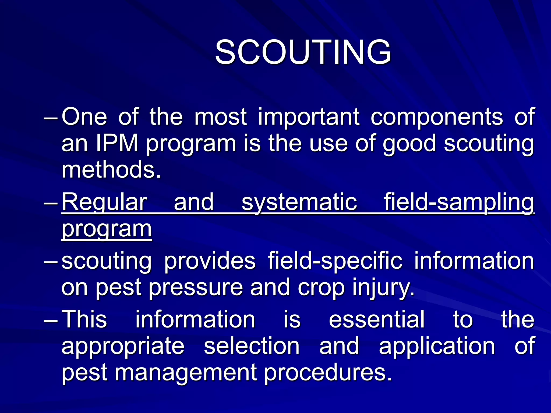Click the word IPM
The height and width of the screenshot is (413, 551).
coord(117,143)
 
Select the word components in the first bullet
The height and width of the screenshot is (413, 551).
coord(436,117)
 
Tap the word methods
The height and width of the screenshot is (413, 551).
coord(111,170)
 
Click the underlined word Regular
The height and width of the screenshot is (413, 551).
coord(104,202)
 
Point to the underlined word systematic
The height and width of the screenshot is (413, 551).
coord(299,202)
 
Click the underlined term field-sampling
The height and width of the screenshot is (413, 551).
coord(459,202)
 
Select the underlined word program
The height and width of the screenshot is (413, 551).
coord(107,229)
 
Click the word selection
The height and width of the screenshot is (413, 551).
coord(252,346)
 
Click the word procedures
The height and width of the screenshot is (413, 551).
coord(327,373)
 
